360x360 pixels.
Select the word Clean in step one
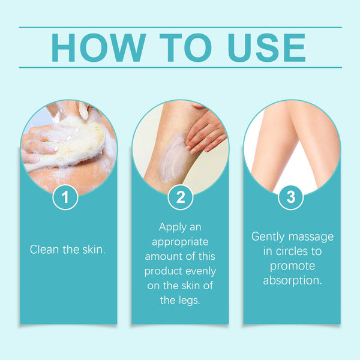45,249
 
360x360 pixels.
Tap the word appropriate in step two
180,242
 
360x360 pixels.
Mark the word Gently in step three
269,236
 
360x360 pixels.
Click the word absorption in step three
291,280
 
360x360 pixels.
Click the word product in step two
164,271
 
